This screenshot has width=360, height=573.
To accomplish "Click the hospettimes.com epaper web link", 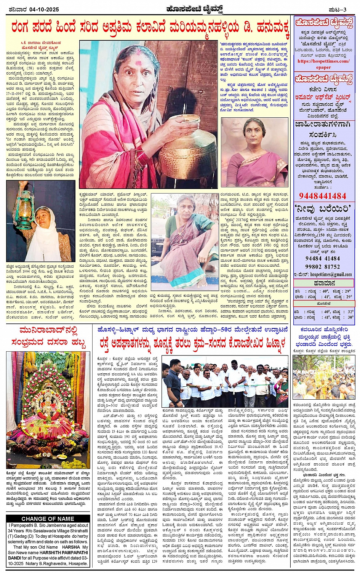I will click(323, 64).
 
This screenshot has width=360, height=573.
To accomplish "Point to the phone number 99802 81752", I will click(323, 267).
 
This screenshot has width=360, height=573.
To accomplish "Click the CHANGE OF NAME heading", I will click(48, 519).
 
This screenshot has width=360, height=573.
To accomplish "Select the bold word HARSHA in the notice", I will click(71, 547).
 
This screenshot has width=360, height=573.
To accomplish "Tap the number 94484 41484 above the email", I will click(323, 258).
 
